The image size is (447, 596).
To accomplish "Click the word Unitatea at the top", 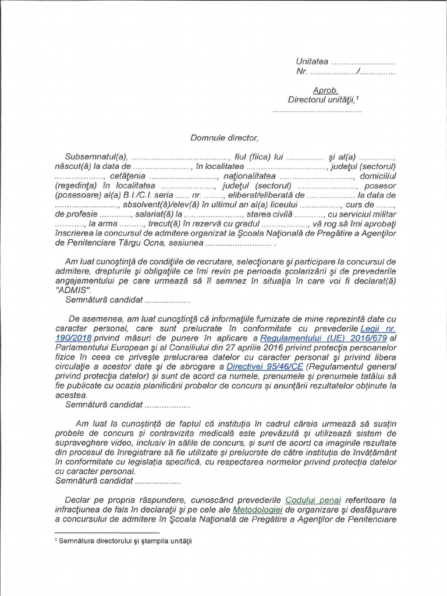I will (313, 61).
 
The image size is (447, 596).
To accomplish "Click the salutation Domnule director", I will (223, 138).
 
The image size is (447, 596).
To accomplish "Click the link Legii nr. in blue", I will (378, 328).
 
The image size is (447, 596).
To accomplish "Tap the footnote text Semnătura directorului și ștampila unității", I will (125, 541).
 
